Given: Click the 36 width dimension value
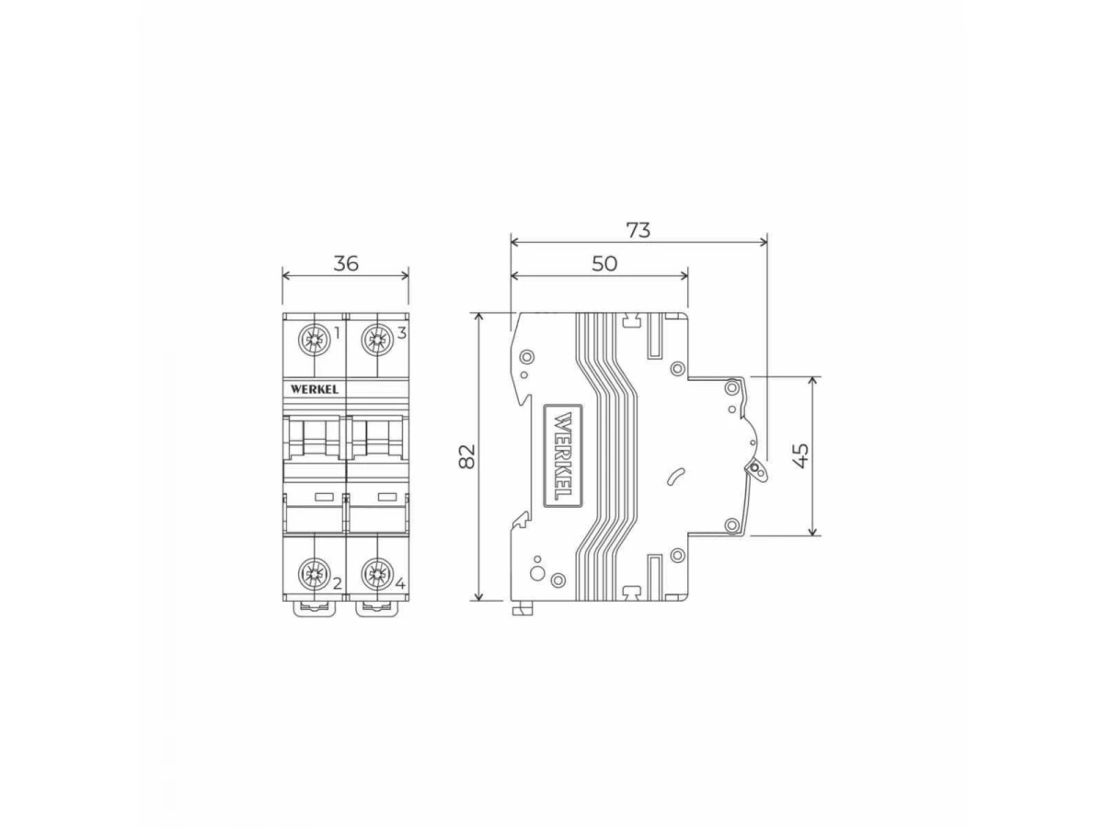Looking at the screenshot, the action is (x=346, y=263).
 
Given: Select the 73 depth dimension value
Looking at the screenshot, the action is (x=638, y=230).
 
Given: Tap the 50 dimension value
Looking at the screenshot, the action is (x=604, y=263).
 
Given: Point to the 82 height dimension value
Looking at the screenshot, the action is (x=467, y=456).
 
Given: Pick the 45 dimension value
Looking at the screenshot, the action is (x=801, y=455).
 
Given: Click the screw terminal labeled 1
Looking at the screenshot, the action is (x=315, y=339).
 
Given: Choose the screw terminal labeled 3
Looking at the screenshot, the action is (x=376, y=339).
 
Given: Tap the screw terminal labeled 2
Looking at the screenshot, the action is (x=315, y=573).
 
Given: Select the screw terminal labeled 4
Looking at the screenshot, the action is (x=376, y=573).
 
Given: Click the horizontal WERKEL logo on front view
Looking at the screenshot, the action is (x=315, y=389).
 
